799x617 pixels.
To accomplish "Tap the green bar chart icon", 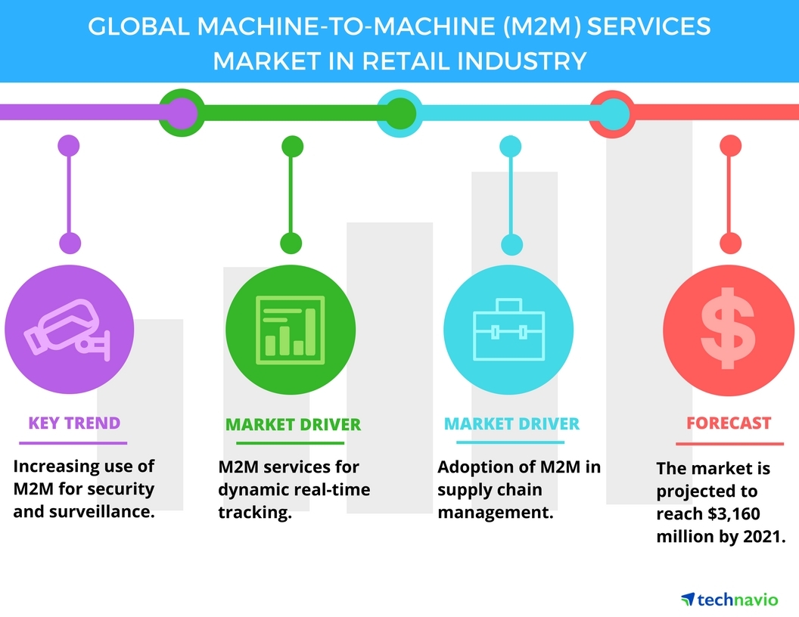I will coord(290,326).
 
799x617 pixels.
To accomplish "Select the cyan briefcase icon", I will coord(508,330).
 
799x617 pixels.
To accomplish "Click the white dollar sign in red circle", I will coord(727,327).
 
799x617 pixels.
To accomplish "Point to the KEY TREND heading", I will coord(74,423).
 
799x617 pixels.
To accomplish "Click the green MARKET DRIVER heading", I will coord(293,425).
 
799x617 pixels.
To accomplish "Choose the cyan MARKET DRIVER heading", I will coord(511,423).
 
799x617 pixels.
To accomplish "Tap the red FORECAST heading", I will coord(729,423).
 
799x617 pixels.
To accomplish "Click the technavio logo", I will coord(729,600).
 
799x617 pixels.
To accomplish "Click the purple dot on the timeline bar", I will coord(179,113).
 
